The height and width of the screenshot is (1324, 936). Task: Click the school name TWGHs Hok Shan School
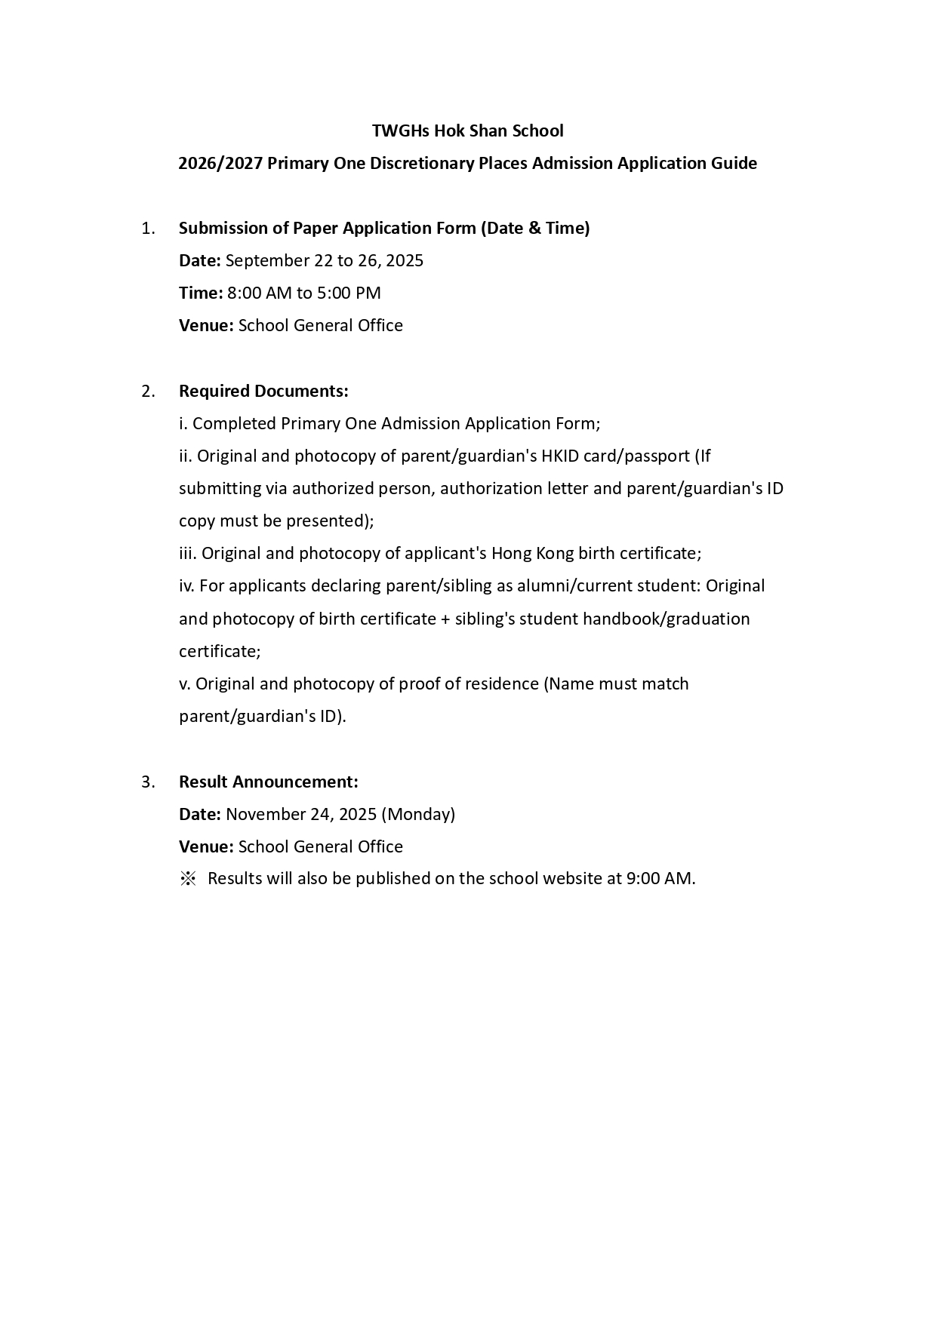pyautogui.click(x=467, y=131)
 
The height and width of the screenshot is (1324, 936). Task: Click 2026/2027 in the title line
pyautogui.click(x=220, y=164)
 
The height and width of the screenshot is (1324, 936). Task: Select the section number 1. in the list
pyautogui.click(x=148, y=229)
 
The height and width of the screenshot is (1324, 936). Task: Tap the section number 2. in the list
pyautogui.click(x=148, y=392)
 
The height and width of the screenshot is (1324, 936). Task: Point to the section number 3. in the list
pyautogui.click(x=148, y=782)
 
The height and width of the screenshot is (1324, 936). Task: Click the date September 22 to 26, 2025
pyautogui.click(x=325, y=261)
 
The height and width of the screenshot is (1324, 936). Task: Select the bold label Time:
pyautogui.click(x=201, y=293)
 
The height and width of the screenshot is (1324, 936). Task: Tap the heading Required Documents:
pyautogui.click(x=263, y=392)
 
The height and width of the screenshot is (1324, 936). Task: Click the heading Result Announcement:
pyautogui.click(x=269, y=782)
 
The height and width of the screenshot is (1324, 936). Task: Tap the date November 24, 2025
pyautogui.click(x=301, y=815)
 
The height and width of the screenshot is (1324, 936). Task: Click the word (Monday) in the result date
pyautogui.click(x=418, y=815)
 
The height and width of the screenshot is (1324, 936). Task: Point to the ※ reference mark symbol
pyautogui.click(x=187, y=879)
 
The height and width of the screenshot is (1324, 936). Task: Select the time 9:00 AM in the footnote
pyautogui.click(x=659, y=879)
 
